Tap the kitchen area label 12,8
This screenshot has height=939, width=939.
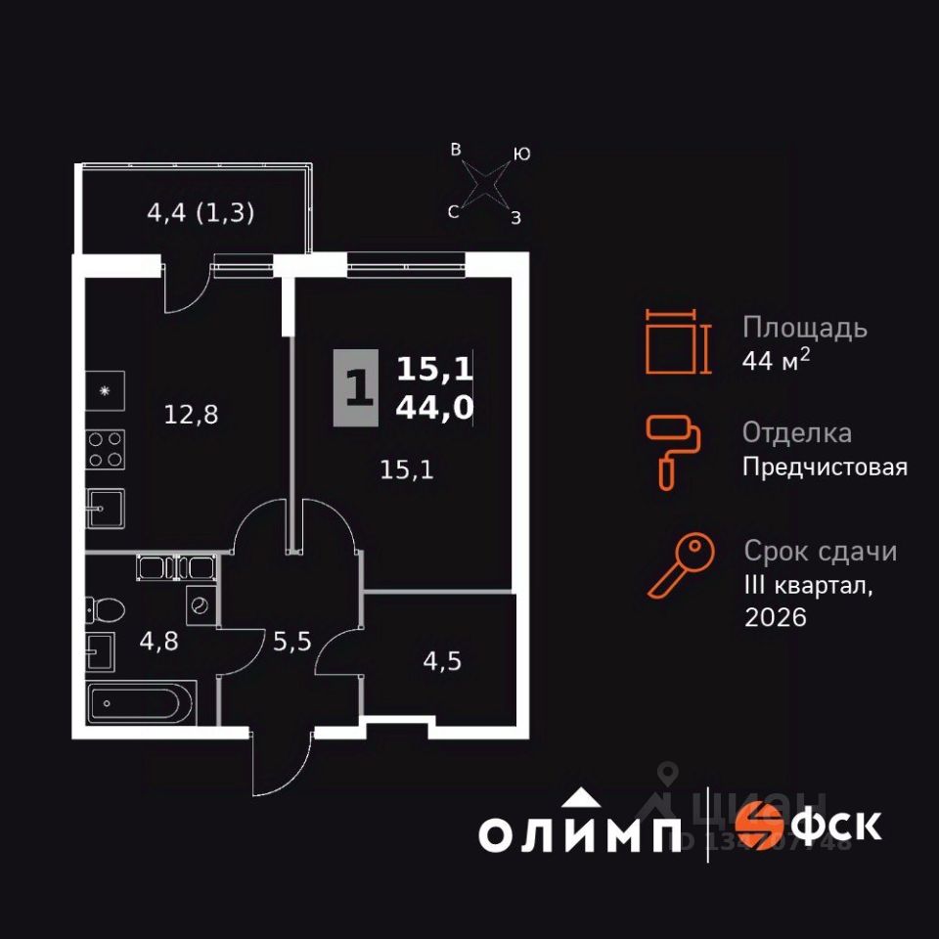coord(191,415)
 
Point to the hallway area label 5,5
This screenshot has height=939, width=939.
coord(291,643)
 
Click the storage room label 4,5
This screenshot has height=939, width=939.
coord(440,660)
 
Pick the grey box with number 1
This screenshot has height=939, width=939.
coord(355,388)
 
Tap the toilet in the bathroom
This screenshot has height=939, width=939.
coord(105,610)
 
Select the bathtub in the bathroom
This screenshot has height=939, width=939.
coord(142,702)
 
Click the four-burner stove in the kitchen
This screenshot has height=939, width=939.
coord(106,448)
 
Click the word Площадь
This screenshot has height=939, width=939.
coord(804,327)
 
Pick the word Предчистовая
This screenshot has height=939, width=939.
coord(825,468)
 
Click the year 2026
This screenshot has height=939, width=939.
coord(776,618)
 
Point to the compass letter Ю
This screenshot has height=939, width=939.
coord(522,155)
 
